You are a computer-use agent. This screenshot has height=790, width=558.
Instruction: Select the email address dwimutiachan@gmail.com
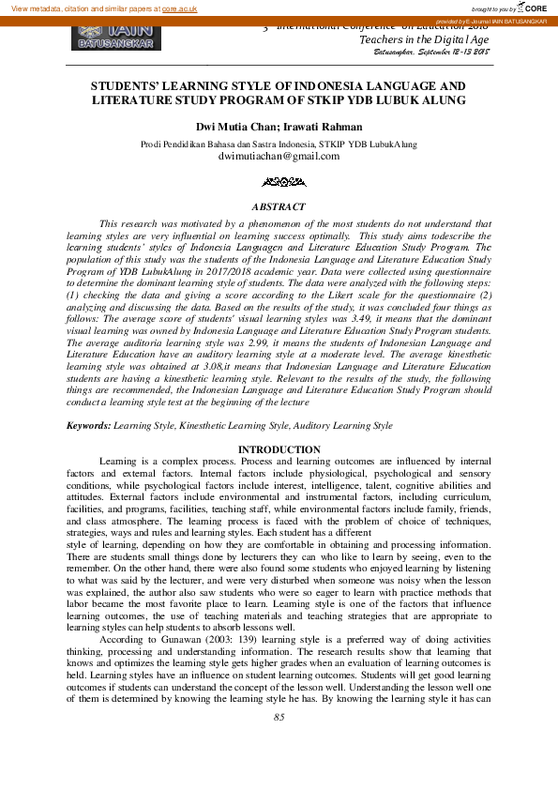point(279,157)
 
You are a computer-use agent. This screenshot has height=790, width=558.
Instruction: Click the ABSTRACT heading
point(279,206)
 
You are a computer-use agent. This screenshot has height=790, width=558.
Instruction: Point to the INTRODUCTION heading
point(279,450)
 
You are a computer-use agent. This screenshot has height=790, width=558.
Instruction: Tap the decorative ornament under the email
point(279,181)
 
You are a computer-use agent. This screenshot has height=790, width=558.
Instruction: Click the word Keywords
point(88,426)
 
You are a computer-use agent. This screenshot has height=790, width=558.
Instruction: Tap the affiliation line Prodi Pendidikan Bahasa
point(279,144)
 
